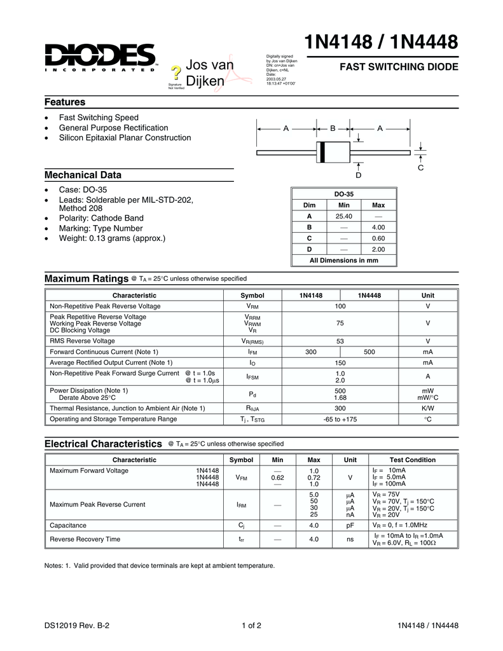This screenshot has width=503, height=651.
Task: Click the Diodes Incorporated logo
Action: [100, 58]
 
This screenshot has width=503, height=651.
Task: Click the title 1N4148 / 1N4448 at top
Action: [381, 43]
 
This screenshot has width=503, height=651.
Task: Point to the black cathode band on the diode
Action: [322, 153]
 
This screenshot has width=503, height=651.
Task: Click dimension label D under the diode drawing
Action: [359, 175]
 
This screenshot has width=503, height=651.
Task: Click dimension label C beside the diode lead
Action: [421, 168]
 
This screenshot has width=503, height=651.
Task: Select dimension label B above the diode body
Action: [333, 128]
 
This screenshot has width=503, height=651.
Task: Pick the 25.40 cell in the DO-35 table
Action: [343, 216]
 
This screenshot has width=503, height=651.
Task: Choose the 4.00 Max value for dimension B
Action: [378, 227]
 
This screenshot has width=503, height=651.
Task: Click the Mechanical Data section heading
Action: [83, 175]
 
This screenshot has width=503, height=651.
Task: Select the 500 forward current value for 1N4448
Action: [369, 352]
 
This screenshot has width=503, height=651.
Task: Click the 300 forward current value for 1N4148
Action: [311, 352]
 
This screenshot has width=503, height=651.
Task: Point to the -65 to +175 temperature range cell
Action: [340, 419]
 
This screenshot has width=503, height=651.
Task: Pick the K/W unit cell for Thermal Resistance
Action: [427, 408]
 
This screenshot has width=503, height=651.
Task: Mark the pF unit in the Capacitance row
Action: [350, 526]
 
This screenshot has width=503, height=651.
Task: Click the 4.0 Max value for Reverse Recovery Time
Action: [314, 540]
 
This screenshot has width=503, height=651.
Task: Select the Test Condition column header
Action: [412, 460]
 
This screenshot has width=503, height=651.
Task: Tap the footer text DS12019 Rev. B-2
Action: [77, 626]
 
